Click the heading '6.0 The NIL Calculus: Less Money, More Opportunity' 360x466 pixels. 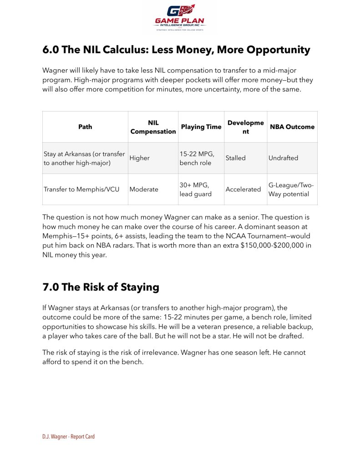176,50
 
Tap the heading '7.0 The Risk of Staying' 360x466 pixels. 101,287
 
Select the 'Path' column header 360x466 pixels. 85,127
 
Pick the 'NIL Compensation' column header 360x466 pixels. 153,127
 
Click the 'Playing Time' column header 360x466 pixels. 201,127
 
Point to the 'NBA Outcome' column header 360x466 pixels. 292,127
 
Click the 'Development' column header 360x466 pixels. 245,127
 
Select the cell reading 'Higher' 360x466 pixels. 139,158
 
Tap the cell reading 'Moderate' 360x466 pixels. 144,189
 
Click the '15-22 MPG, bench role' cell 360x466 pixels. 196,158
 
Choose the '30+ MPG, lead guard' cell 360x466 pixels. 196,189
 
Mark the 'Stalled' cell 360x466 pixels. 235,158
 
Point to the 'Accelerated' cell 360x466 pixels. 243,189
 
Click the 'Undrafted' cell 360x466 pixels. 283,158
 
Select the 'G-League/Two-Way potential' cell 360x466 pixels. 291,189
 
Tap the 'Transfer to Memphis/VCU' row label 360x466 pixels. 81,189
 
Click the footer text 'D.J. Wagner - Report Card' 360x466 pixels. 68,436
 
